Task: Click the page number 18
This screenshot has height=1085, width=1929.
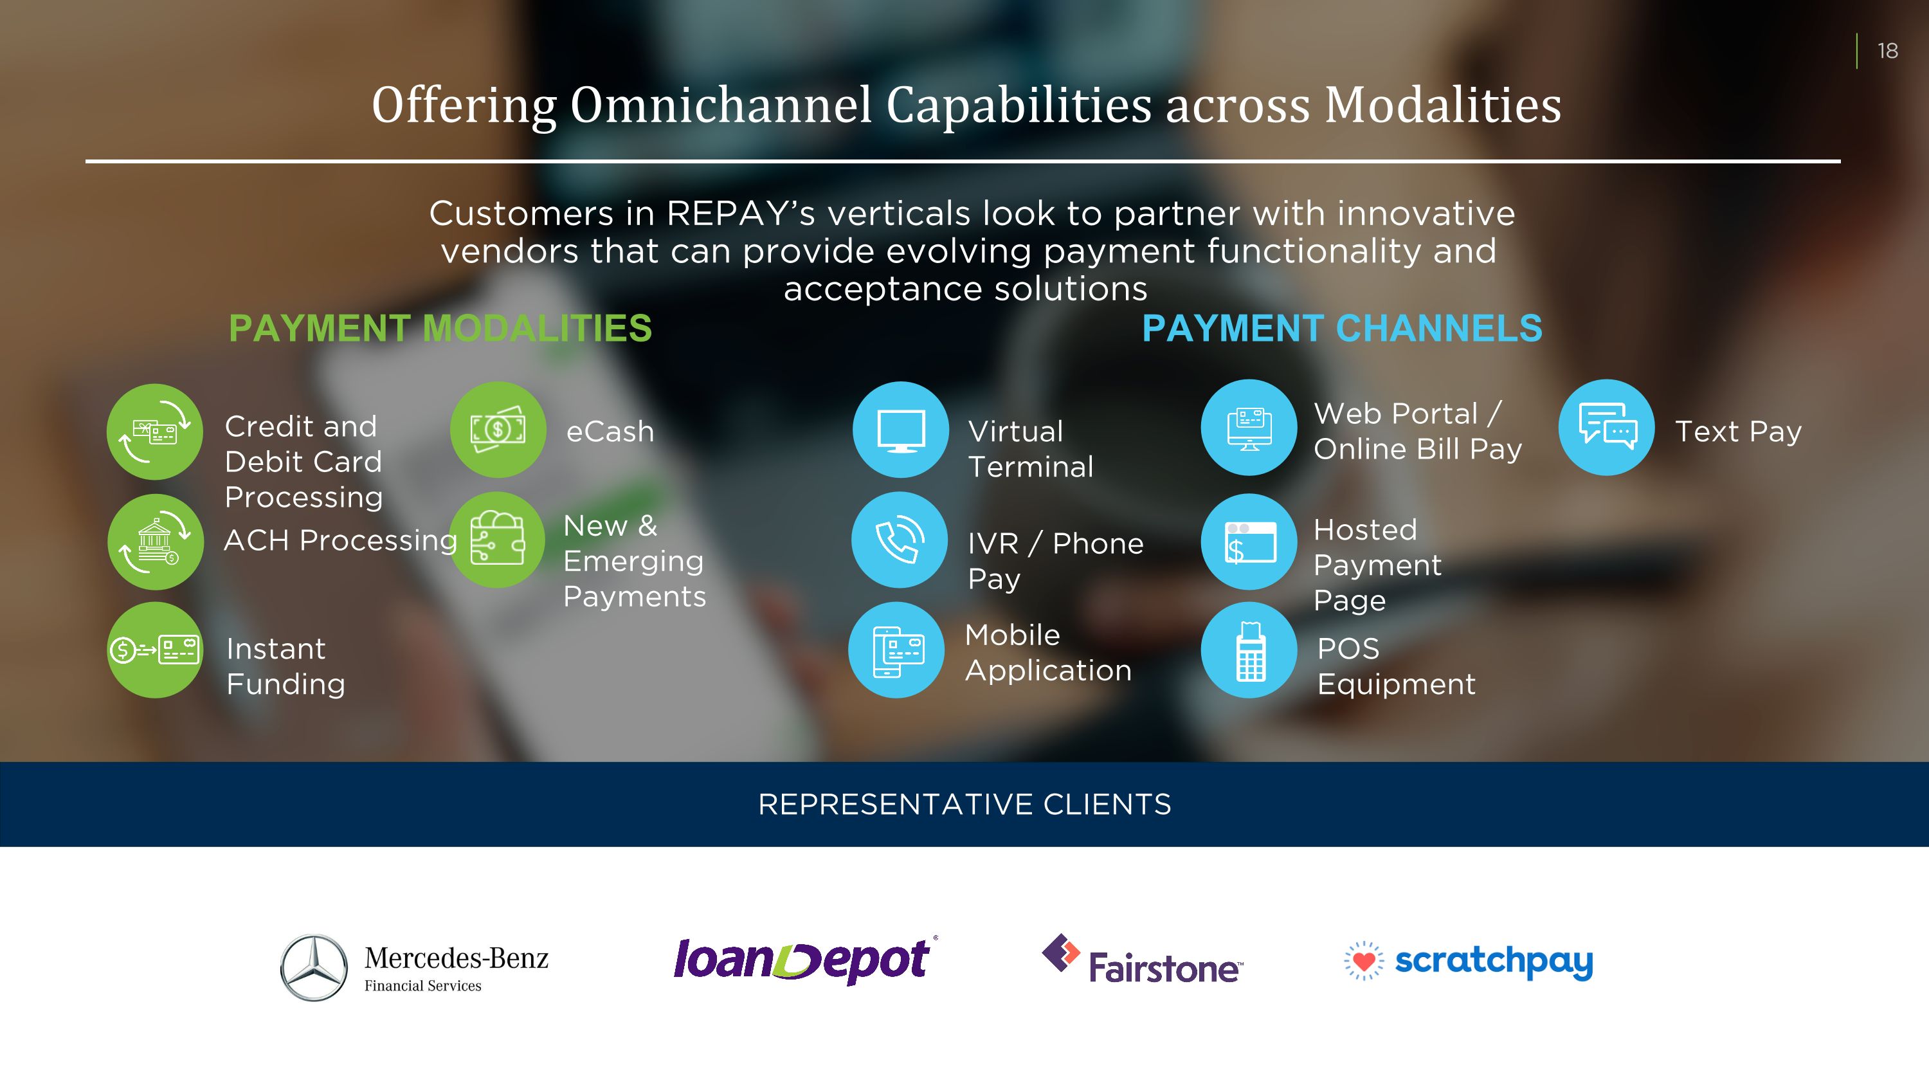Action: coord(1887,51)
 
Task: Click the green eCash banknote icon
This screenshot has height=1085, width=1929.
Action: coord(498,430)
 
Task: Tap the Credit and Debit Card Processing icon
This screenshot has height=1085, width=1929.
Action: coord(155,432)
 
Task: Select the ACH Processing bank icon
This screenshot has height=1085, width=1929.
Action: coord(156,542)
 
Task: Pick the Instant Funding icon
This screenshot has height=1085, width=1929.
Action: coord(155,650)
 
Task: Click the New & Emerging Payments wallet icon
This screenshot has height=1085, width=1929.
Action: coord(497,540)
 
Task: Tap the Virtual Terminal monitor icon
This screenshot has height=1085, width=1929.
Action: coord(901,430)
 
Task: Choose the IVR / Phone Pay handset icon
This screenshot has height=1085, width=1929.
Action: coord(900,540)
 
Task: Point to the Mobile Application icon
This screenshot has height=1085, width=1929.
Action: coord(896,650)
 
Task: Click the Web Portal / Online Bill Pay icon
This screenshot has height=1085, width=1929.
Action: coord(1249,428)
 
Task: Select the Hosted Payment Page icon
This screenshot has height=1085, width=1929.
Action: coord(1249,542)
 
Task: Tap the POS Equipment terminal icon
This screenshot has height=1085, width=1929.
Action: coord(1249,650)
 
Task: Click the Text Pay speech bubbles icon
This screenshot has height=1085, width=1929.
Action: coord(1606,428)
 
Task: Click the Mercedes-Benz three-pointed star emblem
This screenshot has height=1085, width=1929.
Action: coord(314,967)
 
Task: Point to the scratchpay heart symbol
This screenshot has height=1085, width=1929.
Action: coord(1364,961)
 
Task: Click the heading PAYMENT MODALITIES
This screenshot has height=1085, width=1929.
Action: coord(440,328)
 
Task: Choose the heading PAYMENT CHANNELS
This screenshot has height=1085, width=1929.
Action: coord(1342,328)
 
